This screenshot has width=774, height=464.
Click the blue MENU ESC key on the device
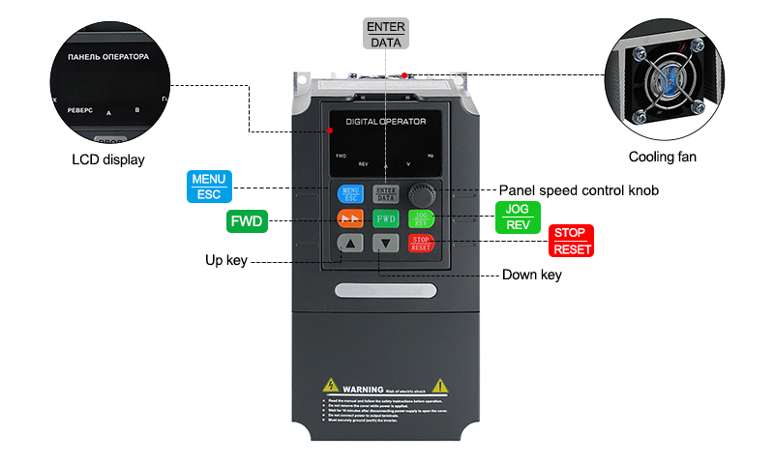tap(349, 193)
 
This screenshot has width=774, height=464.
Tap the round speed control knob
tap(421, 190)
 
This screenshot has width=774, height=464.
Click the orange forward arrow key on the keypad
tap(350, 218)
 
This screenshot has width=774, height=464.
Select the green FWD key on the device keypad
tap(386, 218)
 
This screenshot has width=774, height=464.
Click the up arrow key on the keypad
tap(350, 244)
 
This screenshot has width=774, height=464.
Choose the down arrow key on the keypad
tap(386, 244)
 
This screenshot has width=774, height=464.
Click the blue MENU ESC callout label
tap(209, 186)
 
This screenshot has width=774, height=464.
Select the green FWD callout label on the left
tap(247, 220)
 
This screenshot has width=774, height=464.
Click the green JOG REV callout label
tap(518, 217)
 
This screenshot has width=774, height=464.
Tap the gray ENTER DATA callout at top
tap(386, 34)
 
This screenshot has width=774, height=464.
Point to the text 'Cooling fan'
tap(662, 157)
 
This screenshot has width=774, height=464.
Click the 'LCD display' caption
tap(107, 159)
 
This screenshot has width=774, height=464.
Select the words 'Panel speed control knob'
tap(578, 190)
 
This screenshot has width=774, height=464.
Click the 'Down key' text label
tap(531, 275)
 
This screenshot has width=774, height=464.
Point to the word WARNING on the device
tap(360, 389)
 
